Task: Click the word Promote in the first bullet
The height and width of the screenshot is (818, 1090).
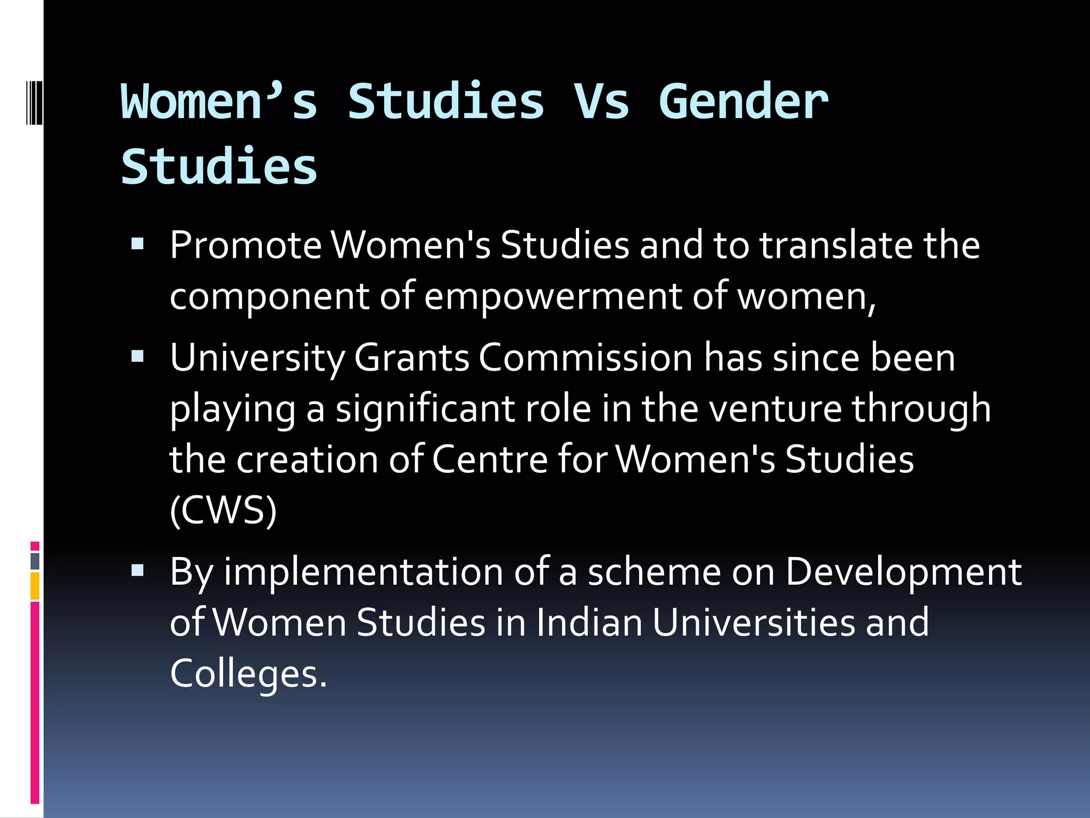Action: [245, 246]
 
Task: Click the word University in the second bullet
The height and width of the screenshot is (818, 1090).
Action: [257, 358]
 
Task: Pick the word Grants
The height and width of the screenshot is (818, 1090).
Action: [411, 358]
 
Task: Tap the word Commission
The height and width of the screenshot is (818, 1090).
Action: [585, 358]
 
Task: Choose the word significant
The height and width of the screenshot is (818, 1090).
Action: [425, 409]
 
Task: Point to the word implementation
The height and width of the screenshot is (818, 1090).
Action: [364, 572]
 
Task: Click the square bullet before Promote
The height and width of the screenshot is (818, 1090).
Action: [138, 244]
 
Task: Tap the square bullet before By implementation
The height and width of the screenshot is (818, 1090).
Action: [138, 571]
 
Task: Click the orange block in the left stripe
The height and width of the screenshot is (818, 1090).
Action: [35, 586]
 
